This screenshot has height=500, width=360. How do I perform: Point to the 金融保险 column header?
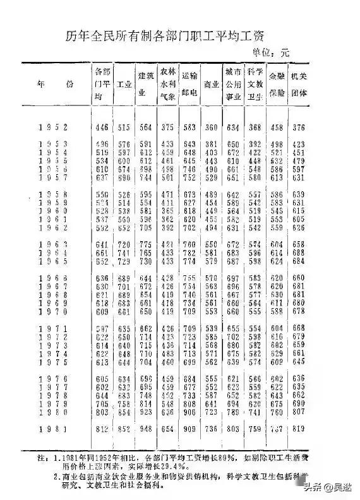[x=276, y=83]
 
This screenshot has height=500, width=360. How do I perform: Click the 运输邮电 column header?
[x=189, y=83]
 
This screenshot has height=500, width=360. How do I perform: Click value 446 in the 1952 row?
[x=101, y=128]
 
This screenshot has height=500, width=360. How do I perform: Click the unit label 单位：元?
[x=270, y=52]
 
